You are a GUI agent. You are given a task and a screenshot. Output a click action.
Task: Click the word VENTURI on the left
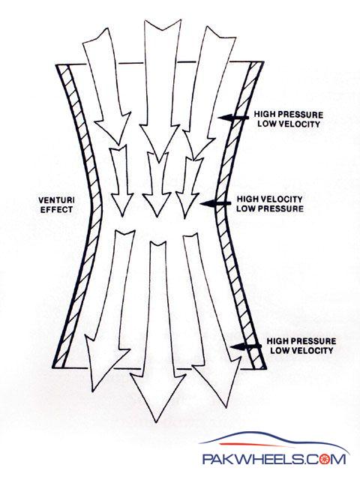click(56, 200)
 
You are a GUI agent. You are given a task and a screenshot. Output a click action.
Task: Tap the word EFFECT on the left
click(57, 210)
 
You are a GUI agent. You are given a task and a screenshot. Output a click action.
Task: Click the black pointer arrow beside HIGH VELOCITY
click(215, 203)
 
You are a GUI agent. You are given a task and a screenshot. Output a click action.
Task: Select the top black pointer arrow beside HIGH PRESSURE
click(233, 117)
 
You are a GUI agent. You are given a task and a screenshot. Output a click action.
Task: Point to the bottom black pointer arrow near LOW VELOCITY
click(246, 346)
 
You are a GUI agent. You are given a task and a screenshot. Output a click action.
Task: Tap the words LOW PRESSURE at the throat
click(270, 208)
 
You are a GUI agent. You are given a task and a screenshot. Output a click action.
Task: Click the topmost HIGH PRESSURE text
click(288, 115)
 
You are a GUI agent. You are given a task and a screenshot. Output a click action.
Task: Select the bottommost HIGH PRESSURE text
click(301, 341)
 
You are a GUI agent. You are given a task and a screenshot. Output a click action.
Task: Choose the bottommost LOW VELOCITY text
click(301, 350)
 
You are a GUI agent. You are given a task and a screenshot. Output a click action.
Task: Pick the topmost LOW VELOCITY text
click(289, 124)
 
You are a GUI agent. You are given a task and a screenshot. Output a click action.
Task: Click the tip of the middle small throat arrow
click(157, 215)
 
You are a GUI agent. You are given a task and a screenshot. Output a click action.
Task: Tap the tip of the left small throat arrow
click(122, 217)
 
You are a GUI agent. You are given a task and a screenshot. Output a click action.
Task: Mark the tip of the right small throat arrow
click(185, 217)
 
